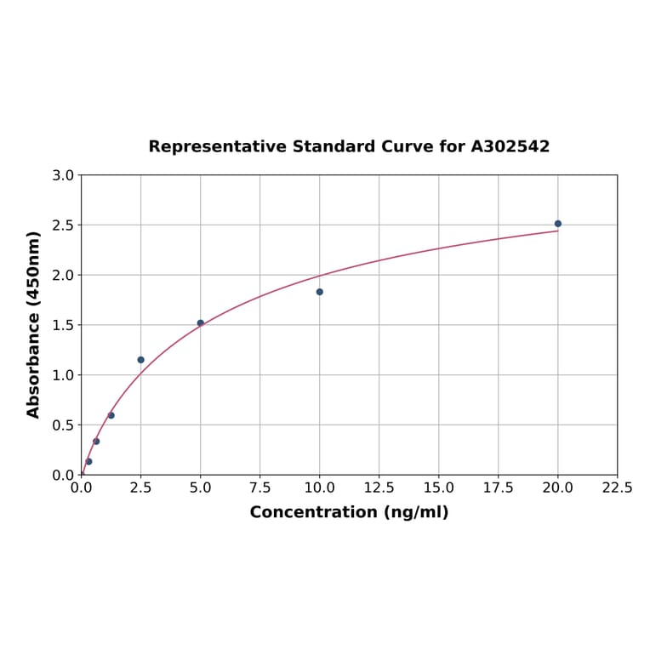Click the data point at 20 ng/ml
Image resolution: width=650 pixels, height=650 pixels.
(x=558, y=224)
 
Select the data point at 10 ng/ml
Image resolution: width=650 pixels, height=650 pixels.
(x=320, y=292)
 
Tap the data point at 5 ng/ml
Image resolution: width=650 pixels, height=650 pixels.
(x=201, y=323)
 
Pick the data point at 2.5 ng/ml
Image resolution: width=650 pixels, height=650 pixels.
(x=141, y=360)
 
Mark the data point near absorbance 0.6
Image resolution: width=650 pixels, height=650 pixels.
(x=111, y=415)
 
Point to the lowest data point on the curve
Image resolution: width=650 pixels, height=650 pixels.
(x=88, y=461)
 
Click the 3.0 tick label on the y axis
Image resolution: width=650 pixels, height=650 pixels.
(x=63, y=175)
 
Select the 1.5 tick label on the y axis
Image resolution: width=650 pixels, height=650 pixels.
(x=63, y=325)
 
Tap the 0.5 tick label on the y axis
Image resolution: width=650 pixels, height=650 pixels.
(x=63, y=425)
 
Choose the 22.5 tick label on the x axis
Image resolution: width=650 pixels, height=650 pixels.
(x=617, y=488)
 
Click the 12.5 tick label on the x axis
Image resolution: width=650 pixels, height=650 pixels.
(x=379, y=488)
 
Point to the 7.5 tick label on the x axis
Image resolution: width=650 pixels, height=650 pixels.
(x=259, y=488)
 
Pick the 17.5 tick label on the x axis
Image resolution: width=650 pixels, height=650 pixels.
(x=498, y=488)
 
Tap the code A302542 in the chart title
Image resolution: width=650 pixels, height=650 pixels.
(x=510, y=146)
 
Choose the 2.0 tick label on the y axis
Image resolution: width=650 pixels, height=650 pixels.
(x=63, y=275)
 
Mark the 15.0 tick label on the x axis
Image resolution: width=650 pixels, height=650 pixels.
(x=438, y=488)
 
